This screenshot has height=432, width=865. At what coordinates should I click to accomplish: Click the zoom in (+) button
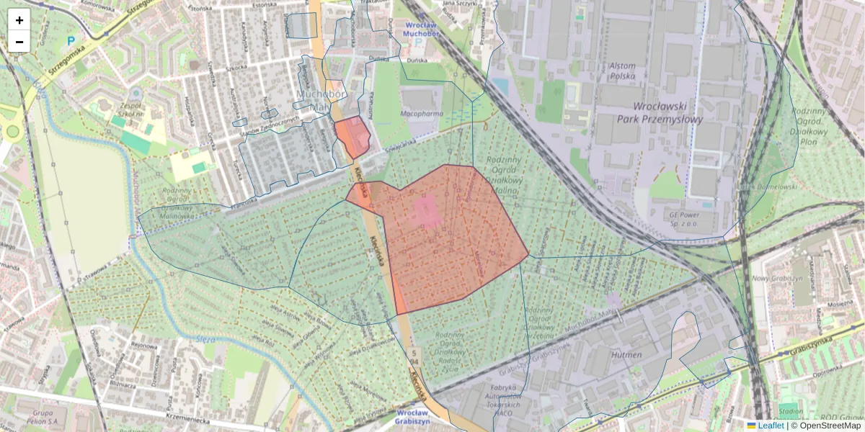point(19,20)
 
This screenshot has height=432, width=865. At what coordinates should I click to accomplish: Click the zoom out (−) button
point(19,42)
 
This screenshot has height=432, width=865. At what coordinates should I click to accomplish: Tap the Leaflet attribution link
point(771,426)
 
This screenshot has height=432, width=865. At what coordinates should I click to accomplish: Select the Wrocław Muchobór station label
point(422,30)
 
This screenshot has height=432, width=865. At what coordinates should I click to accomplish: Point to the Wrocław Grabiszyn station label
point(412,417)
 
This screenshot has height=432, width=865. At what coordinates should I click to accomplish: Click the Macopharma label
point(422,113)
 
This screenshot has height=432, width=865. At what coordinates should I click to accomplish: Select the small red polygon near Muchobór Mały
point(352,135)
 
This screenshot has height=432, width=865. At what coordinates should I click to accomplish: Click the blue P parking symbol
point(70,41)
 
